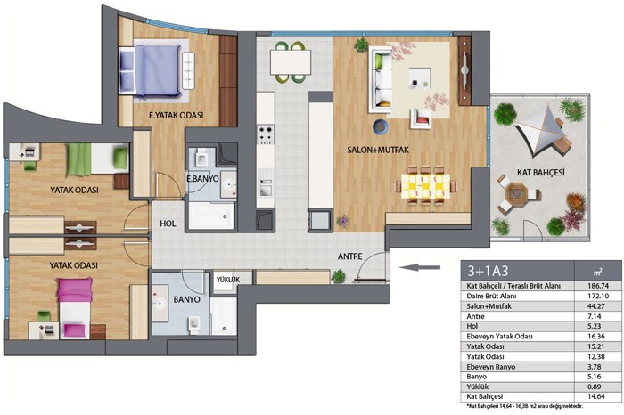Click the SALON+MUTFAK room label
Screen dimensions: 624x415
[378, 150]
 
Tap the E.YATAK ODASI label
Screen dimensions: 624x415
[176, 115]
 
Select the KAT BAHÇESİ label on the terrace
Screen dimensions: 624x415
[541, 173]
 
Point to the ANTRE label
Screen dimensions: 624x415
[349, 256]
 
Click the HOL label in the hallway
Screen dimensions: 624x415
[168, 224]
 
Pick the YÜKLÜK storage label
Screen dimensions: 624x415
[228, 280]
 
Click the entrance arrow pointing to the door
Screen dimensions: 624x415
[420, 267]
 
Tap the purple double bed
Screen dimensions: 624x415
[157, 71]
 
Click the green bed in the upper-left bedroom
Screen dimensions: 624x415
[97, 159]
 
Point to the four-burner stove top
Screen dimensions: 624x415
[266, 134]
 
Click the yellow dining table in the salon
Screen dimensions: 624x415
[425, 186]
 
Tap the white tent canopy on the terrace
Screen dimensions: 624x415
[540, 127]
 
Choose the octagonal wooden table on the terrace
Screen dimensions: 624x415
[516, 193]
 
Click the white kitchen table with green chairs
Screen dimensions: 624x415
[290, 62]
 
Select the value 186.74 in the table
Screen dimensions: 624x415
[598, 286]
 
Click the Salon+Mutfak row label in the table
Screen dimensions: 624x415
[489, 306]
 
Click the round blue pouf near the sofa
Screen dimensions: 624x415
[381, 126]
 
